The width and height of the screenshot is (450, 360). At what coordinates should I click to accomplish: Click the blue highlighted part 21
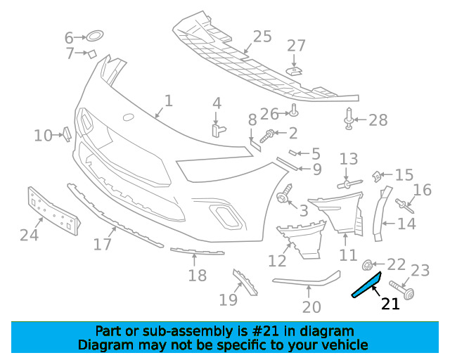point(367,285)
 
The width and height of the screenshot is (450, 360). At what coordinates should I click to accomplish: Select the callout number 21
point(390,304)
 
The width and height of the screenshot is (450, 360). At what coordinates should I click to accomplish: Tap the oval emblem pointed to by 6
point(95,36)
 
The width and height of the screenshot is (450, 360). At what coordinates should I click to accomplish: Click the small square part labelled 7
point(92,53)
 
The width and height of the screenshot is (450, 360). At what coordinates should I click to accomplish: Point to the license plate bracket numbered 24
point(53,211)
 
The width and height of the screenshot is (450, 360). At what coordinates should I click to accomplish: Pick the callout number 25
point(262,37)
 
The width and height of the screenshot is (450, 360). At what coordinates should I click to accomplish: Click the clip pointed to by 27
point(294,71)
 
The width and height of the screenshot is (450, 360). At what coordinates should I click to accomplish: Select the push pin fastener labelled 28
point(348,118)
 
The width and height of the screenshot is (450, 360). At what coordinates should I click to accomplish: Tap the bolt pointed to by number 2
point(267,136)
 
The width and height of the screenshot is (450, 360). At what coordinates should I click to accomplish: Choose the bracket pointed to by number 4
point(218,130)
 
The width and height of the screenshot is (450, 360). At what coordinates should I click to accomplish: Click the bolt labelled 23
point(401,290)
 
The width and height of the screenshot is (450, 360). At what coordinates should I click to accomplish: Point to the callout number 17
point(103,244)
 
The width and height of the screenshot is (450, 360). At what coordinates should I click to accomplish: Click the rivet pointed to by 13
point(350,184)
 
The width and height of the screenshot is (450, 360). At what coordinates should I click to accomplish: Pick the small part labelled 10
point(67,134)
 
